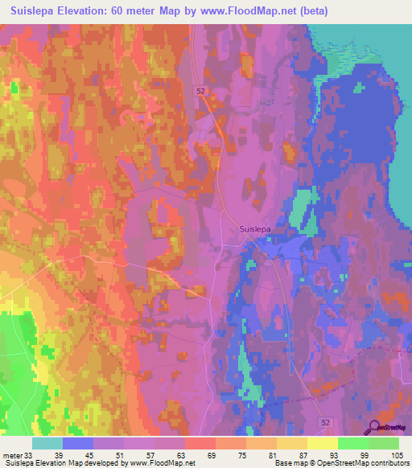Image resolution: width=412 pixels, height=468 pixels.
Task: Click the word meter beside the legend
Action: tap(13, 457)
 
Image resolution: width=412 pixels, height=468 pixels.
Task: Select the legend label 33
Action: tap(29, 457)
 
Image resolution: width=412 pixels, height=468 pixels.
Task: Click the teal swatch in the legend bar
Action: tap(48, 443)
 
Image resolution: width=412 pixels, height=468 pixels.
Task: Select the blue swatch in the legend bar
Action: tap(78, 443)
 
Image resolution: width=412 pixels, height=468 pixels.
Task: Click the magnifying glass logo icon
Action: tap(374, 427)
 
